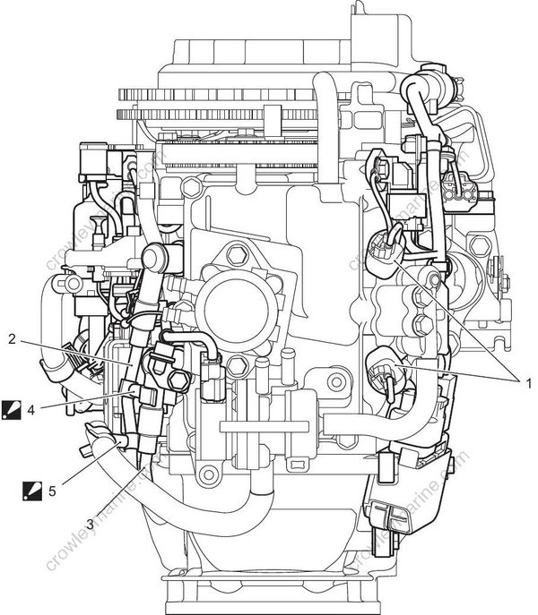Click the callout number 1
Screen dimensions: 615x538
click(x=528, y=381)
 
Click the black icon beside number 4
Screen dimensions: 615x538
click(x=11, y=408)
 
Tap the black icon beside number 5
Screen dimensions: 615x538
click(x=31, y=490)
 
